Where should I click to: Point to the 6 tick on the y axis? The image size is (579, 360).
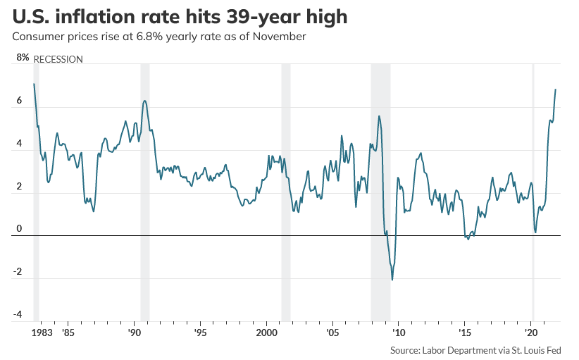click(x=19, y=101)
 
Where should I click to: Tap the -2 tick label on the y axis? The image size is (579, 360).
click(x=18, y=272)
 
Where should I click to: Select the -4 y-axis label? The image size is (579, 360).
click(x=18, y=314)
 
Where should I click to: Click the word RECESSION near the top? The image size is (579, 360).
click(x=58, y=59)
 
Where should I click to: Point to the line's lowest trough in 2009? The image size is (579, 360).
click(x=392, y=280)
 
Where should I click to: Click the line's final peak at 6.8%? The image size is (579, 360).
click(x=556, y=89)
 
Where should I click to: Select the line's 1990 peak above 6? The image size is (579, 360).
click(x=144, y=101)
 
